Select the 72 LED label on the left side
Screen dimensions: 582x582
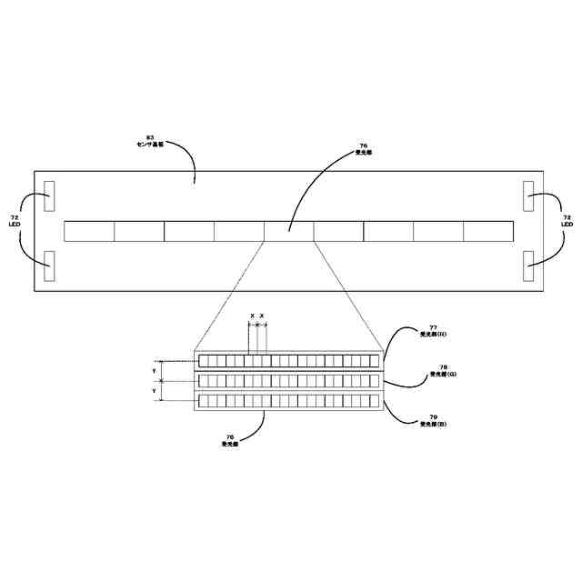point(15,221)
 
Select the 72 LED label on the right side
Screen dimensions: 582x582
point(567,221)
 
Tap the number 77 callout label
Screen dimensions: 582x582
point(432,331)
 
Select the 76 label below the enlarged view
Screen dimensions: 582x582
point(229,440)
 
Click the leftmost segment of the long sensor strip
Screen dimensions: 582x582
point(89,231)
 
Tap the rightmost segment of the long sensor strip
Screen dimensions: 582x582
point(488,231)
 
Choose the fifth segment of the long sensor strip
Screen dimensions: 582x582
point(288,231)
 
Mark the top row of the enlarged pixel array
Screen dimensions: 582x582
point(288,361)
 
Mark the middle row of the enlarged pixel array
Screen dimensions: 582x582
point(288,381)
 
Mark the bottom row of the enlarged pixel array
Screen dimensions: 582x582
point(288,401)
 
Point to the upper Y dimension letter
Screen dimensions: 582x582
point(154,370)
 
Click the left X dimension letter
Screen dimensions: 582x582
point(252,316)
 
